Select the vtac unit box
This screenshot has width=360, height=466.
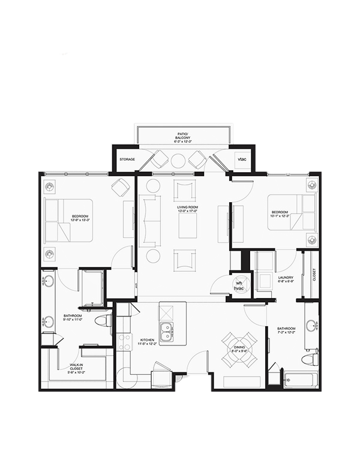click(242, 160)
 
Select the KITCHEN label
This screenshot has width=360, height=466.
click(147, 342)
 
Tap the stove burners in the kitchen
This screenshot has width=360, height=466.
click(124, 342)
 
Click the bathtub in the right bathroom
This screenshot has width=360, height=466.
click(299, 379)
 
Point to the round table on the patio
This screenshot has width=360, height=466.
click(179, 161)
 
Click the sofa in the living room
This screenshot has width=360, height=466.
click(149, 220)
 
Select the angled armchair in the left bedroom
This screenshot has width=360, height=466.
click(120, 188)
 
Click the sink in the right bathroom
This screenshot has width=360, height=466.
click(311, 326)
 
